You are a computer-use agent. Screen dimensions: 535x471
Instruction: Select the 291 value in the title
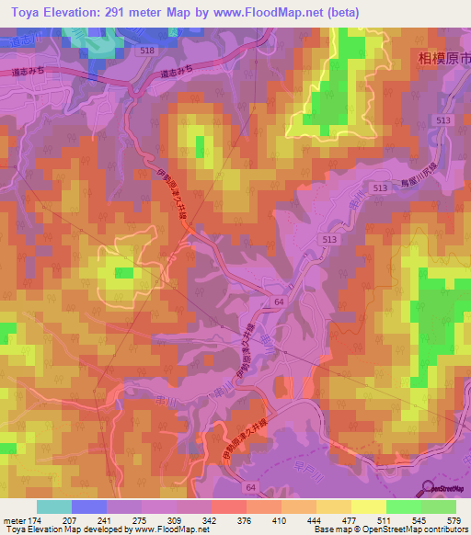tap(125, 12)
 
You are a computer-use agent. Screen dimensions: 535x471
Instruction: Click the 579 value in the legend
tap(453, 519)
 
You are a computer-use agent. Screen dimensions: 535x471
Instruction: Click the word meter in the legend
tap(13, 519)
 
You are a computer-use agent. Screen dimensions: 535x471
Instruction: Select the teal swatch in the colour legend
tap(53, 507)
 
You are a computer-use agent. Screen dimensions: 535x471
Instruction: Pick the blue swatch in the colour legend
tap(88, 507)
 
